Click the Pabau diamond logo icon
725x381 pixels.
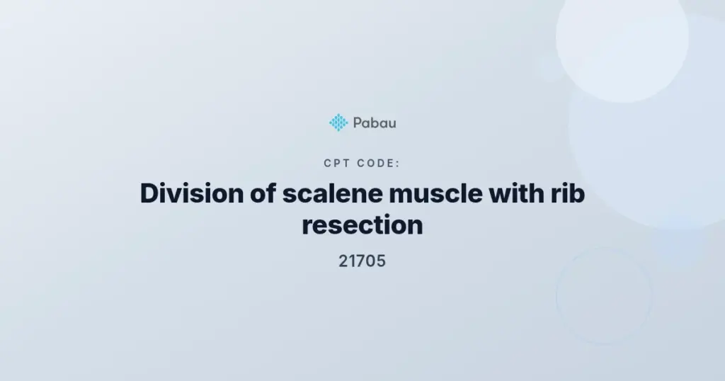coord(338,123)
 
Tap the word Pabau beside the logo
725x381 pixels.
coord(375,123)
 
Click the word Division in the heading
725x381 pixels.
coord(192,193)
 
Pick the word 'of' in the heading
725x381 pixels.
coord(263,193)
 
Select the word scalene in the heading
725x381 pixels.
coord(333,193)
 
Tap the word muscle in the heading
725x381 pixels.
coord(435,193)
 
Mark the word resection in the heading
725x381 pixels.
coord(362,225)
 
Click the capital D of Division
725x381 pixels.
coord(150,193)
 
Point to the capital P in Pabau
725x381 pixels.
coord(358,123)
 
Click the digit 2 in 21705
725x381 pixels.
coord(343,261)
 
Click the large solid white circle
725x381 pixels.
coord(622,37)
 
